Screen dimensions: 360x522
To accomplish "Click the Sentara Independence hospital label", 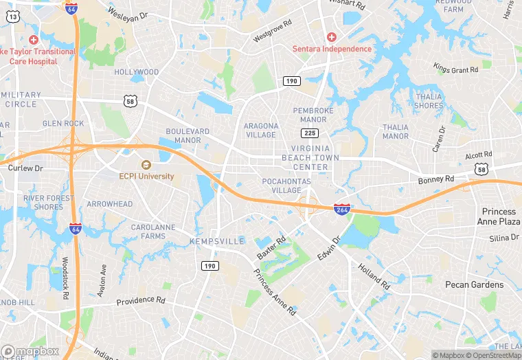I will click(x=332, y=49).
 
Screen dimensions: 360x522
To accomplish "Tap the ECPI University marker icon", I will click(x=146, y=165).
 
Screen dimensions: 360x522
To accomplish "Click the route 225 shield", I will click(x=309, y=132).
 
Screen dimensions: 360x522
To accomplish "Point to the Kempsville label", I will click(x=217, y=242).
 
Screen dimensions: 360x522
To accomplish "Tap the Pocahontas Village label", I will click(x=286, y=185).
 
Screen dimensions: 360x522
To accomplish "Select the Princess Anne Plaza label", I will click(x=499, y=216).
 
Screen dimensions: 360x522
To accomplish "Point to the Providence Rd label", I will click(x=141, y=301).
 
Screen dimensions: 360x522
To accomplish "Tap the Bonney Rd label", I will click(x=436, y=179).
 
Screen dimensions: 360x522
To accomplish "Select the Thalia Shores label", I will click(x=429, y=101).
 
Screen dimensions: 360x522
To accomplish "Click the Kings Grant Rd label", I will click(x=455, y=69).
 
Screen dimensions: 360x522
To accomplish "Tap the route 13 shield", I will click(x=12, y=15).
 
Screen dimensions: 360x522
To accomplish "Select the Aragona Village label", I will click(x=260, y=131).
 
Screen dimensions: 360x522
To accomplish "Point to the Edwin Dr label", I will click(x=328, y=249).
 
